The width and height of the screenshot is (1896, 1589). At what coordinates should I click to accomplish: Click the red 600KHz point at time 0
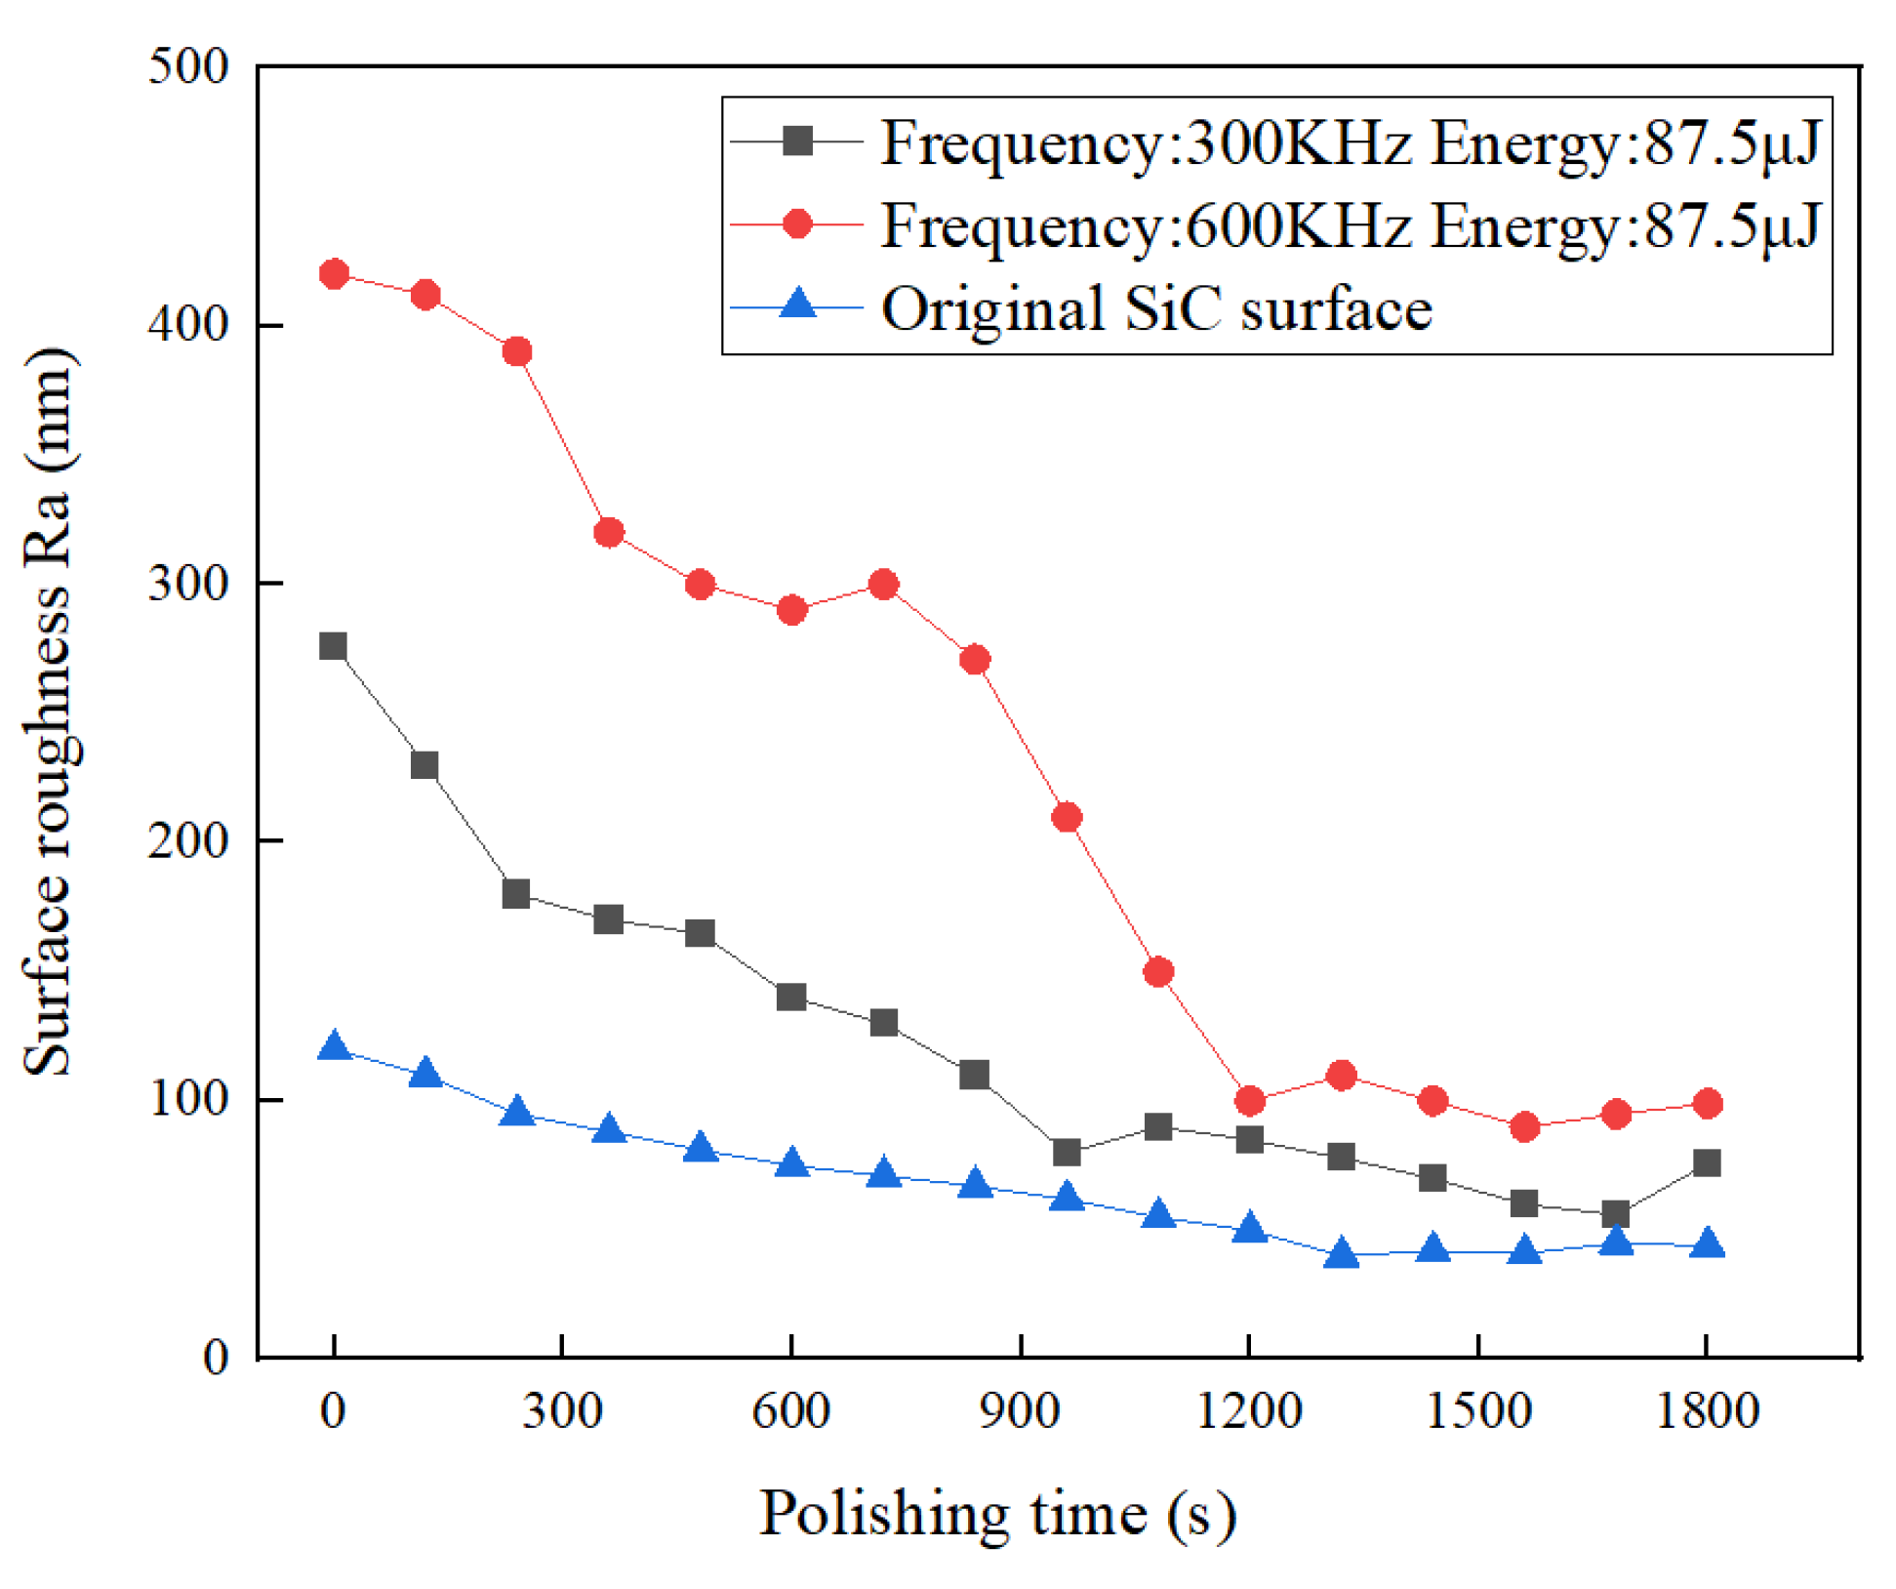(x=334, y=273)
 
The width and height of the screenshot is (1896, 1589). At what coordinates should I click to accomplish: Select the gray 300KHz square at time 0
(x=334, y=646)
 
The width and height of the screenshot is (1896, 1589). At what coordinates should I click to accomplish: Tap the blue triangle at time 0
(x=334, y=1046)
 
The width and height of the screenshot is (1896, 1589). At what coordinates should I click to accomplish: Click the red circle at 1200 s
(x=1249, y=1101)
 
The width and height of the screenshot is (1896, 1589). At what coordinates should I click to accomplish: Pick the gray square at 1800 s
(x=1707, y=1162)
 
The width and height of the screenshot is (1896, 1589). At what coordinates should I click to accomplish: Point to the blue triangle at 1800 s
(x=1707, y=1244)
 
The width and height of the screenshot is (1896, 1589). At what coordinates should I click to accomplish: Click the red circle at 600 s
(x=791, y=610)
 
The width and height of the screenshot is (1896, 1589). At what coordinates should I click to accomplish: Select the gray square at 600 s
(x=791, y=997)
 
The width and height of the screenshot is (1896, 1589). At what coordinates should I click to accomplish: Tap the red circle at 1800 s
(x=1707, y=1104)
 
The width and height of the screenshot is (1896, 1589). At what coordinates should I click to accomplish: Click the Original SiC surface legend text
(x=1156, y=308)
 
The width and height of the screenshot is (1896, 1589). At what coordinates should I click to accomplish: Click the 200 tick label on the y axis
(x=188, y=840)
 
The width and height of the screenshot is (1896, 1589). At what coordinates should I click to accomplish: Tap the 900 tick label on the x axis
(x=1020, y=1411)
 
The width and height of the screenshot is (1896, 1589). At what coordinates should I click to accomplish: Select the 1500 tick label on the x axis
(x=1477, y=1411)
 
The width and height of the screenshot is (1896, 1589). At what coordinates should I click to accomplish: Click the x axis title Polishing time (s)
(x=997, y=1514)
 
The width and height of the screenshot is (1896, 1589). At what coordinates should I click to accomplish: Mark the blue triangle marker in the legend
(x=798, y=305)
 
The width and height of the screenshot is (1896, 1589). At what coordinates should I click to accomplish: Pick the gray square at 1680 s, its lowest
(x=1616, y=1214)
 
